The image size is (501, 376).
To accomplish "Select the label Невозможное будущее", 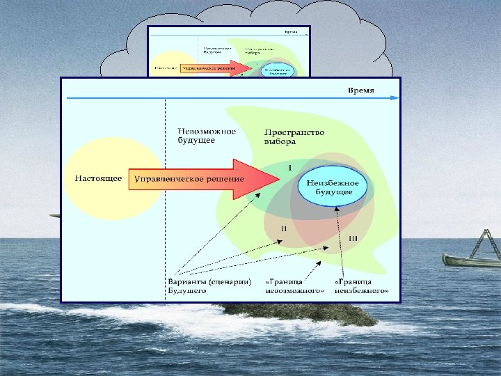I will click(x=207, y=135).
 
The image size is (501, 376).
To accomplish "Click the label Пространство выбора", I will click(x=289, y=136).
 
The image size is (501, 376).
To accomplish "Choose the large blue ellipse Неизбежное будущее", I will click(x=332, y=186).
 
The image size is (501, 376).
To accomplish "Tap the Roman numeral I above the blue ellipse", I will click(x=289, y=168).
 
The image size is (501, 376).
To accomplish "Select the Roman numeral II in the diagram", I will click(x=285, y=228).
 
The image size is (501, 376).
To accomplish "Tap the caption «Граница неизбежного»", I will click(x=361, y=285).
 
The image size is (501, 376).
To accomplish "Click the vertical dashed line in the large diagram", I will click(x=165, y=209).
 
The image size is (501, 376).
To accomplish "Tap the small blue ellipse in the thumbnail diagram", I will click(x=278, y=70).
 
